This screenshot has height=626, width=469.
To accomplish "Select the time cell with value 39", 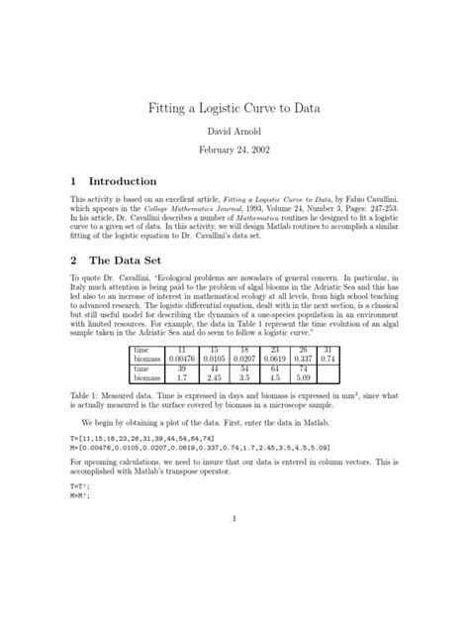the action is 180,367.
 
